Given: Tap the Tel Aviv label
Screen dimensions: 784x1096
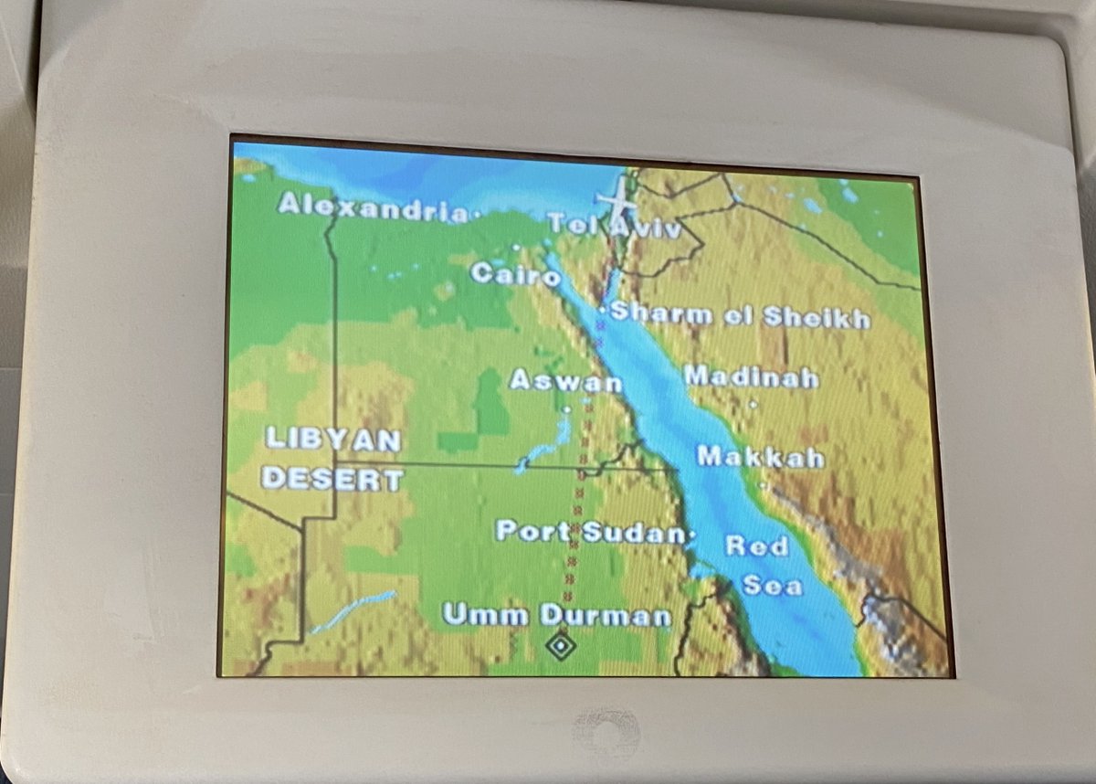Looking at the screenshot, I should click(614, 226).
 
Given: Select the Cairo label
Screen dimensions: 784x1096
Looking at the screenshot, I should click(515, 273).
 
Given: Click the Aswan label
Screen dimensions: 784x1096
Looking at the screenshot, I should click(565, 380).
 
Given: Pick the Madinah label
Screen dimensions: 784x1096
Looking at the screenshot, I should click(751, 376).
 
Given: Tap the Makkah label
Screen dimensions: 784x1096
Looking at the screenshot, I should click(760, 456).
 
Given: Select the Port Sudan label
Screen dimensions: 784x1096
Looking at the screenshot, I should click(589, 532).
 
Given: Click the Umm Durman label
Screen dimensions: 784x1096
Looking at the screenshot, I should click(556, 615).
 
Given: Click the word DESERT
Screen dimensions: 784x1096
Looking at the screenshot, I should click(332, 479).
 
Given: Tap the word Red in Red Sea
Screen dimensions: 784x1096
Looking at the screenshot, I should click(756, 546).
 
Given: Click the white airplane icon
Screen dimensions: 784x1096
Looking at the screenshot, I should click(616, 199).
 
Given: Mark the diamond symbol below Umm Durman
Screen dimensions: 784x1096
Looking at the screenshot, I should click(559, 645).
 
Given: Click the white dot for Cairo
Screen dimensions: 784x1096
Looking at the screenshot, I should click(516, 248).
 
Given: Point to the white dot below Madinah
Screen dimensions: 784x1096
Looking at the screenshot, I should click(753, 403).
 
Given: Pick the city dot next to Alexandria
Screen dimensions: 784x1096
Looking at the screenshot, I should click(477, 214).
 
